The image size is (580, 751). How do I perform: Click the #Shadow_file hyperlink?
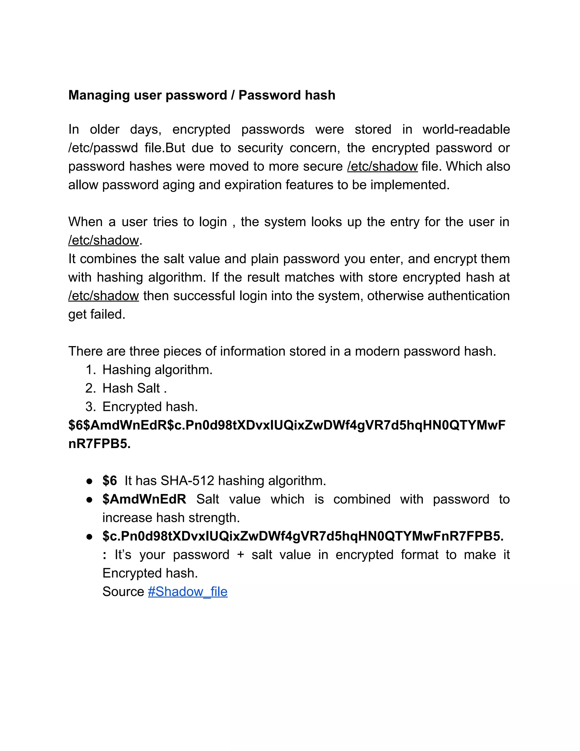pos(187,591)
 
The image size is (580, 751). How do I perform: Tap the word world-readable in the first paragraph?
pos(466,130)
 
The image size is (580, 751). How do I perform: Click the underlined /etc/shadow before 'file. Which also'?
pos(382,166)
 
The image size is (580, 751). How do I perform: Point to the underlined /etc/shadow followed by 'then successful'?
pos(103,296)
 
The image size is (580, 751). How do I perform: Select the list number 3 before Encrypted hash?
pos(90,407)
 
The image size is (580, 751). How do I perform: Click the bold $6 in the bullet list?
pos(110,481)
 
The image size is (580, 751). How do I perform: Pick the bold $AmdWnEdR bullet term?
pos(144,499)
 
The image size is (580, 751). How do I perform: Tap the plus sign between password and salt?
pos(240,555)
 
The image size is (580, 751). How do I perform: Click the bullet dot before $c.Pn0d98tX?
pos(89,536)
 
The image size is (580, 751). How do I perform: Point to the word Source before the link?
pos(123,591)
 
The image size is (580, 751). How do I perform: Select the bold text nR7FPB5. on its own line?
pos(99,444)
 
